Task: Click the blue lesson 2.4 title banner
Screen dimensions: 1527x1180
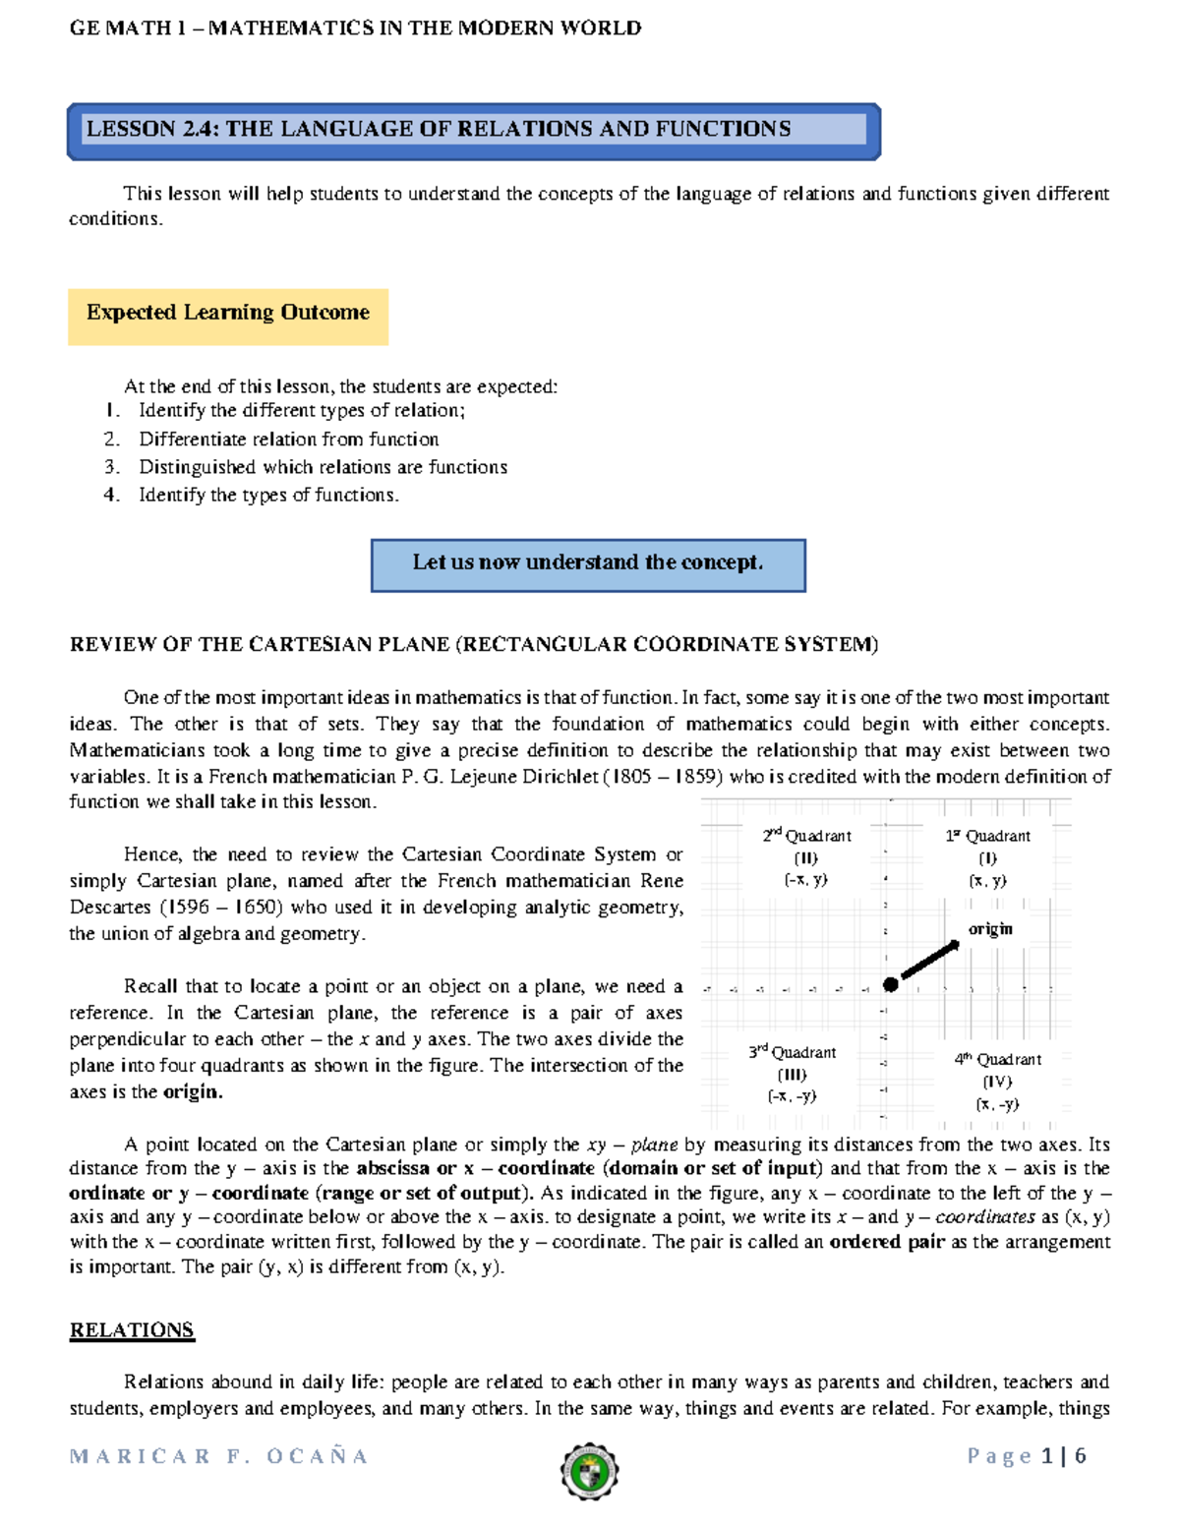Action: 473,130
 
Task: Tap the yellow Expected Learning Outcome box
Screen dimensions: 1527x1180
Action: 228,315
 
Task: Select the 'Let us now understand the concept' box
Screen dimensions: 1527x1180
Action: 588,564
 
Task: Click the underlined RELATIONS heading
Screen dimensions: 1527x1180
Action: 132,1330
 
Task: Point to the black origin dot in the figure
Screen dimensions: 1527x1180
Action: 890,984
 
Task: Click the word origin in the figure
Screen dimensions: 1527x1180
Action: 989,929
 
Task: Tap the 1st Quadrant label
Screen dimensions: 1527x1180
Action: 987,836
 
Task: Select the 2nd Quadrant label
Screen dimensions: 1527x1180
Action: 806,836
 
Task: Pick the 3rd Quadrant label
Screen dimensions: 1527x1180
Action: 792,1052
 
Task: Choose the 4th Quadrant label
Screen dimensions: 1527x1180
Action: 997,1059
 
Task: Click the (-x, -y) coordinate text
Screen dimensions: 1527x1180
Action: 792,1096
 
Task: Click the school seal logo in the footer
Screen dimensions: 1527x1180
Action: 589,1472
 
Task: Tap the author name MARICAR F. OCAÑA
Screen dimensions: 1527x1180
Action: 218,1456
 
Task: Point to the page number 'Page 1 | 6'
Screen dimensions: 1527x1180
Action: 1027,1456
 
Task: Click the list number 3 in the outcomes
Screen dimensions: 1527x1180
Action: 111,467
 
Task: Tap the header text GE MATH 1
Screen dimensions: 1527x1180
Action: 127,29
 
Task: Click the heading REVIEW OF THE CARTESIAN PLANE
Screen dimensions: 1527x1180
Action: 473,645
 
